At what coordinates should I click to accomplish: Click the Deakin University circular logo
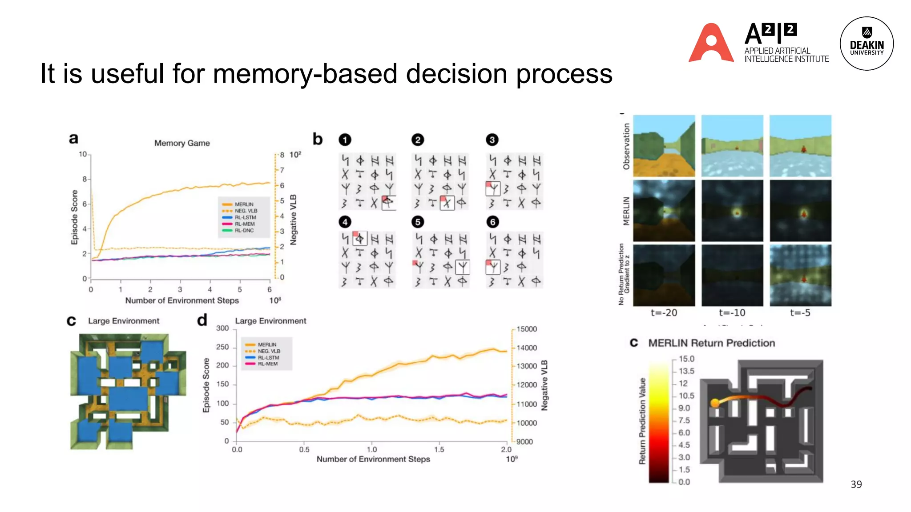coord(866,44)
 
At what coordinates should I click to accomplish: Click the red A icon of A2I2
coord(711,43)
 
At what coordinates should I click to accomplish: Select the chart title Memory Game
coord(182,143)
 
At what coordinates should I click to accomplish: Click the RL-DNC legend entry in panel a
coord(244,231)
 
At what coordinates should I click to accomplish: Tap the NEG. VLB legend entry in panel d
coord(269,351)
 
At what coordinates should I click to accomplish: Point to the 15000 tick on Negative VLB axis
coord(527,329)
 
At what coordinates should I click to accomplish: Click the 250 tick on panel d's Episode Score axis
coord(222,347)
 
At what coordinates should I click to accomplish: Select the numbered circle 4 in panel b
coord(345,222)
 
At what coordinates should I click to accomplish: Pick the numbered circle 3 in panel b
coord(492,140)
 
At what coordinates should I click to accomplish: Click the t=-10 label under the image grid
coord(732,313)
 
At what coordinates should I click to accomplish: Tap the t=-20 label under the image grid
coord(664,313)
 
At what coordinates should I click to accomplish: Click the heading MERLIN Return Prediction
coord(711,343)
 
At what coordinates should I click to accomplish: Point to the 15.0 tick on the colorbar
coord(686,359)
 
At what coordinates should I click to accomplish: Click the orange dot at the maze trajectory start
coord(715,403)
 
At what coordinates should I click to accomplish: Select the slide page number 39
coord(856,484)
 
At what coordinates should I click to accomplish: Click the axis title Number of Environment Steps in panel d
coord(373,459)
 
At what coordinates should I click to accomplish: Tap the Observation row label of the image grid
coord(626,147)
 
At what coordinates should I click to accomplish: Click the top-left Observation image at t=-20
coord(664,146)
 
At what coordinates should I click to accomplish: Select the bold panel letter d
coord(202,320)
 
